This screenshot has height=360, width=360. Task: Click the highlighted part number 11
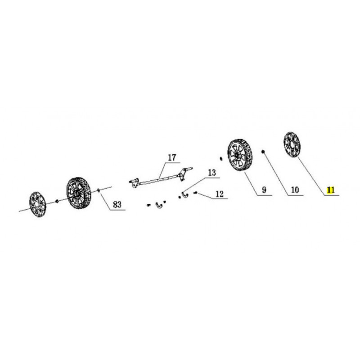(x=331, y=190)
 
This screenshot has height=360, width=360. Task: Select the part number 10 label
(x=295, y=190)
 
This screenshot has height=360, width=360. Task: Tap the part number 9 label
(x=264, y=190)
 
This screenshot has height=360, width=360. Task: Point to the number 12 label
(x=220, y=194)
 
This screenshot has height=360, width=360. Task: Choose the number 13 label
(x=212, y=172)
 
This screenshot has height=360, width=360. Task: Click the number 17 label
(x=172, y=158)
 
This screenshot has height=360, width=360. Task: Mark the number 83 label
(x=117, y=204)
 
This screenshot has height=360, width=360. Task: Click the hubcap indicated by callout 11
(x=292, y=145)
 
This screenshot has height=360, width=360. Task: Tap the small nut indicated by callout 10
(x=263, y=152)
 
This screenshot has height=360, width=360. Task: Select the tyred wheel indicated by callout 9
(x=240, y=155)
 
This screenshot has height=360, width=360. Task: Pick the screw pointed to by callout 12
(x=196, y=193)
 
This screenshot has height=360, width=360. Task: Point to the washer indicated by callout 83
(x=99, y=190)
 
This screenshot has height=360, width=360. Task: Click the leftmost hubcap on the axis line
(x=38, y=204)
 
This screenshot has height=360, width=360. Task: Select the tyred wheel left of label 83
(x=79, y=193)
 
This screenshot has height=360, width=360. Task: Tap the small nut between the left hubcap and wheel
(x=57, y=201)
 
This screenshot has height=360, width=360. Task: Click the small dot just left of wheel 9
(x=221, y=159)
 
